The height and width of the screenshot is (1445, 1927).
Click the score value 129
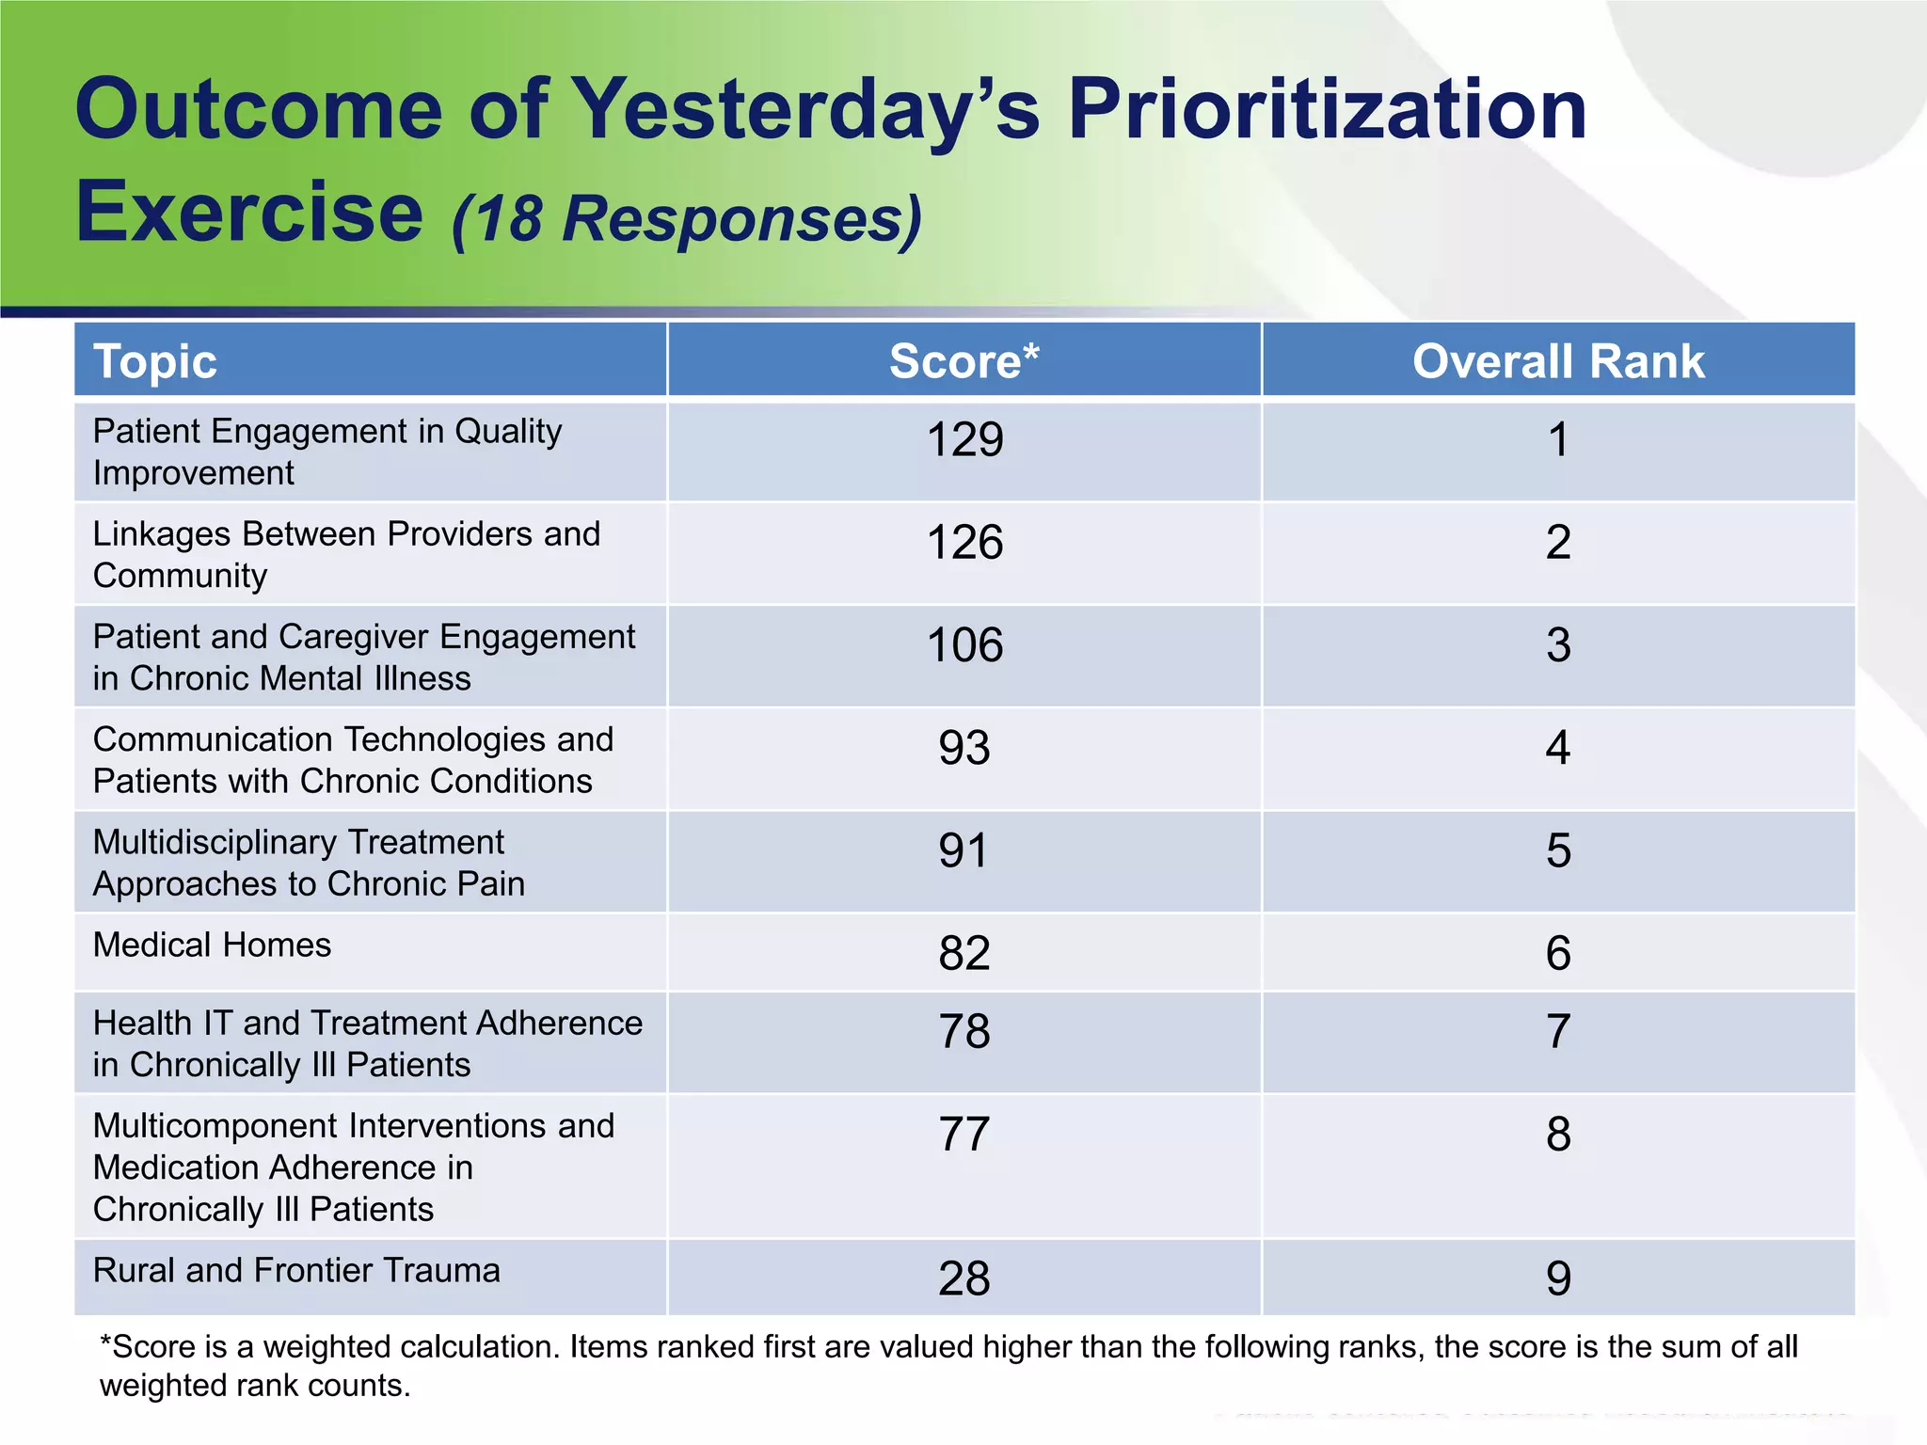click(964, 440)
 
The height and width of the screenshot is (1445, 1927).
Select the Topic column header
click(155, 362)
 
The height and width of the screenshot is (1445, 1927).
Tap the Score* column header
click(964, 362)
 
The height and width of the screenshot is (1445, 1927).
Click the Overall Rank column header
click(1558, 362)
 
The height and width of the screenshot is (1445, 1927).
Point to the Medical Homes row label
click(212, 945)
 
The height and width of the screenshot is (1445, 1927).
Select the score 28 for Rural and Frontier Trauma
click(964, 1278)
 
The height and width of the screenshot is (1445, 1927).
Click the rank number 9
click(1558, 1278)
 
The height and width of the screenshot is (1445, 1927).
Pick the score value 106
click(964, 645)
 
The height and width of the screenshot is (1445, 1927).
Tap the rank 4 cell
click(1558, 748)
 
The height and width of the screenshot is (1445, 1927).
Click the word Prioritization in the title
click(1327, 111)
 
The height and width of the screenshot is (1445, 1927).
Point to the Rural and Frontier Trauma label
click(296, 1271)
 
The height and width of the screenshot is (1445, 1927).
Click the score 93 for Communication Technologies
click(964, 748)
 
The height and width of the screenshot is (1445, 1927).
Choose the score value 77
click(964, 1135)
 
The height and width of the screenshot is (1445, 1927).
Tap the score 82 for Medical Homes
click(964, 953)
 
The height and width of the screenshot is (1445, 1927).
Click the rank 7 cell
click(1558, 1032)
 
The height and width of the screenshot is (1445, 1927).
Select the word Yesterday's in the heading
click(804, 111)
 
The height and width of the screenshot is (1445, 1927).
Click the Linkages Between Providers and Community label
click(346, 554)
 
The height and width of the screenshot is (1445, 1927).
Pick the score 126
click(964, 543)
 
